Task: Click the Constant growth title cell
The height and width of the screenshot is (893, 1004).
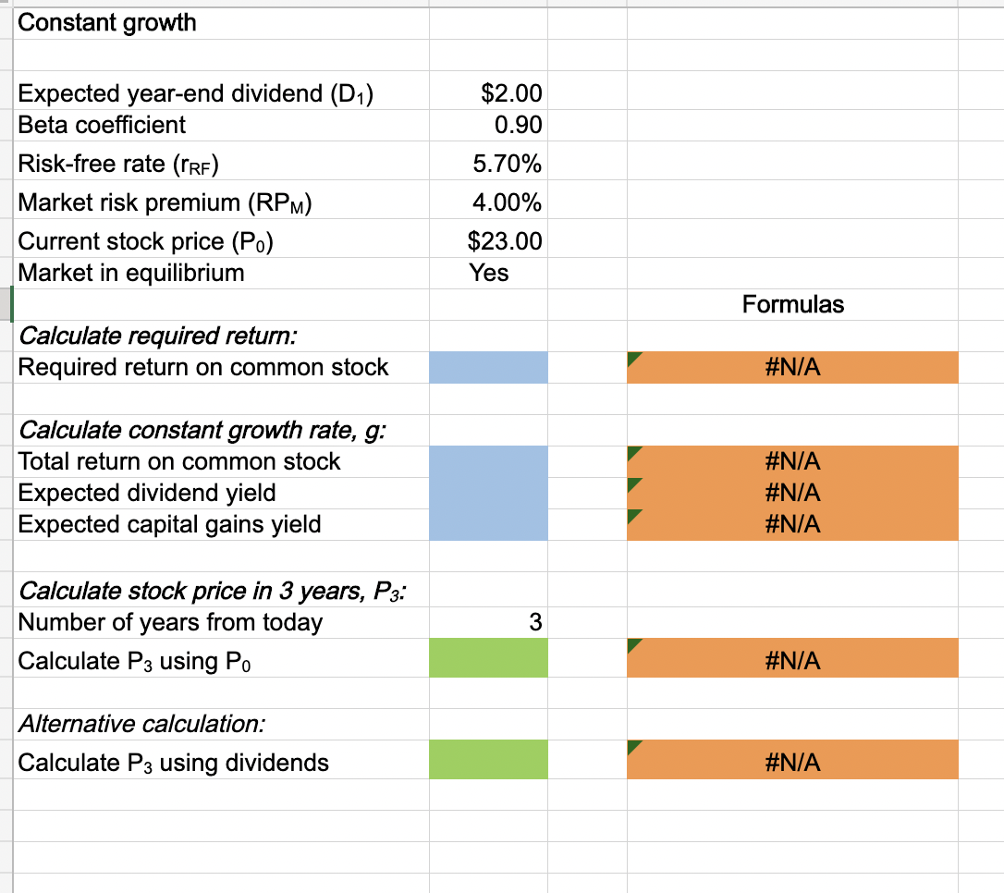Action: click(107, 23)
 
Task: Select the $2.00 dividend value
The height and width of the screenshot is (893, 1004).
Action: click(512, 93)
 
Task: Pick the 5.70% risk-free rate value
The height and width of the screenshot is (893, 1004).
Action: click(507, 165)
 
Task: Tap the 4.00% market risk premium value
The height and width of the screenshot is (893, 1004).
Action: click(507, 202)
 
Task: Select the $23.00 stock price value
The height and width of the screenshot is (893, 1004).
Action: click(506, 242)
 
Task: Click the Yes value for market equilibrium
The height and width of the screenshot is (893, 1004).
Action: click(489, 273)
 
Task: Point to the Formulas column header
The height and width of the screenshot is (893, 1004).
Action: click(792, 304)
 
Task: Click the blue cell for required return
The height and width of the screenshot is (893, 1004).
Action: click(488, 367)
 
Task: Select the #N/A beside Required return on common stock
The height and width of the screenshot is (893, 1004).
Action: click(792, 368)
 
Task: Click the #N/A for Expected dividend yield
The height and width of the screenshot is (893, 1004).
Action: click(792, 493)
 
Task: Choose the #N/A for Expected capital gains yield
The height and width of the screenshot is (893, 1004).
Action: click(792, 524)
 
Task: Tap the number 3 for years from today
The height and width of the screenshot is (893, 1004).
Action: click(535, 622)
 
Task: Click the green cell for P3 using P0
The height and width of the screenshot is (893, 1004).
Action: click(488, 661)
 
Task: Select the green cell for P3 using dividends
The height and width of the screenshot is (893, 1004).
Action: click(488, 763)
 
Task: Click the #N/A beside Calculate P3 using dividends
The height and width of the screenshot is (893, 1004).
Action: click(792, 763)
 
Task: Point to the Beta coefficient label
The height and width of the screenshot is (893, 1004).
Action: click(102, 125)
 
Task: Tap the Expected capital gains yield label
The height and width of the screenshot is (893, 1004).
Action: click(170, 524)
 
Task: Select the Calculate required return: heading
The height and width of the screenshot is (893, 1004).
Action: click(158, 335)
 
